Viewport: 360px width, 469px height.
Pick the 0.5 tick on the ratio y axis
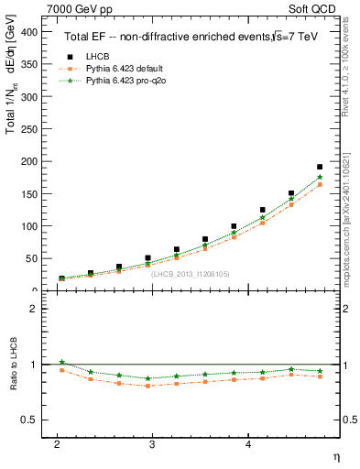[x=30, y=420]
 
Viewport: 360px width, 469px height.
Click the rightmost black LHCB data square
[x=320, y=168]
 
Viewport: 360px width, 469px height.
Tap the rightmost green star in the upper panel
[x=320, y=178]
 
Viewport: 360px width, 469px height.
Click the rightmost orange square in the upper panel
[x=320, y=185]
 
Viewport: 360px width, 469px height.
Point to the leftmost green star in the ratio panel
[x=62, y=362]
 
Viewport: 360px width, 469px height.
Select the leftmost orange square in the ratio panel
[x=62, y=370]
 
